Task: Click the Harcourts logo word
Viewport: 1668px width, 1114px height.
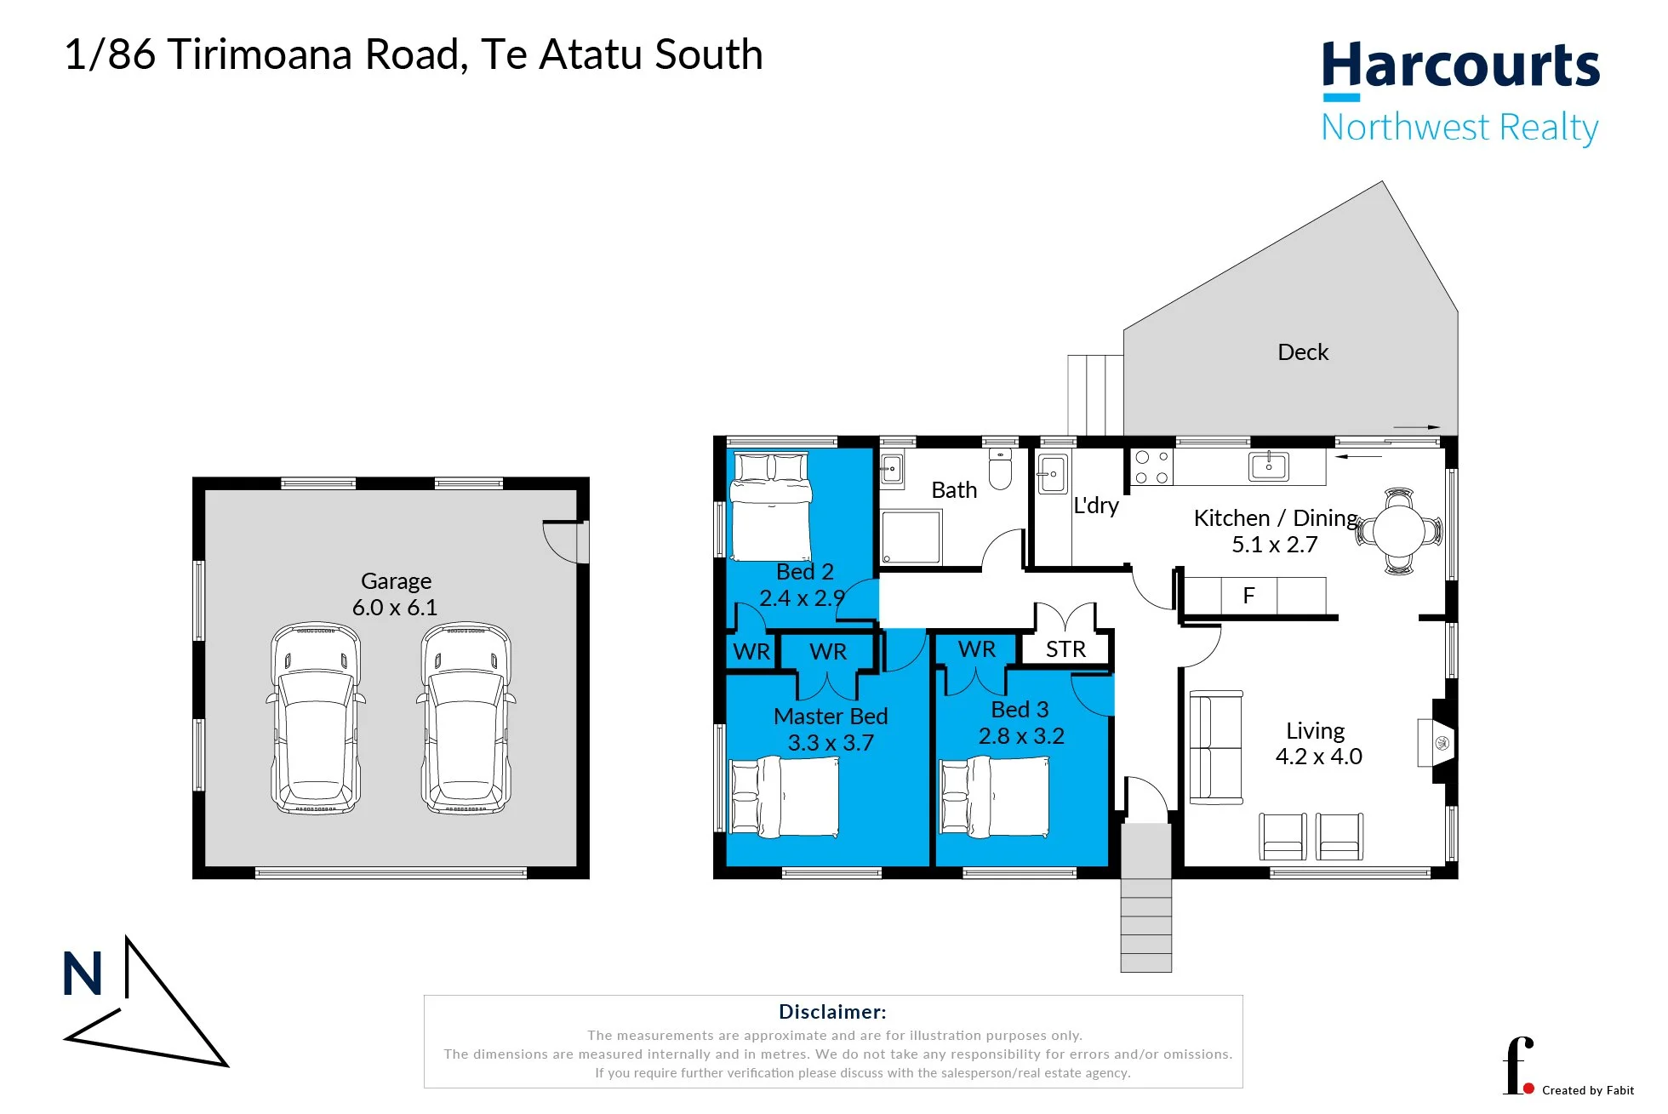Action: (x=1460, y=66)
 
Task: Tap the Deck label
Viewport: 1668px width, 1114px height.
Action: (x=1303, y=352)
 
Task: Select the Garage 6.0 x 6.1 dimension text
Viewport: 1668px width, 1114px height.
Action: (x=395, y=608)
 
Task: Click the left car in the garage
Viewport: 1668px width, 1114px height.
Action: (x=316, y=717)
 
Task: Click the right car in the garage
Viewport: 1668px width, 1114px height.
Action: (x=466, y=717)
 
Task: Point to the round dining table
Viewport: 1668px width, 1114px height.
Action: (x=1398, y=532)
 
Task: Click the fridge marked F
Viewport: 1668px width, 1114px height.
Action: (x=1248, y=596)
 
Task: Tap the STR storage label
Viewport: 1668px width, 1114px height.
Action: (x=1065, y=649)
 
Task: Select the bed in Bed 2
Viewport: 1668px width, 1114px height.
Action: (x=770, y=506)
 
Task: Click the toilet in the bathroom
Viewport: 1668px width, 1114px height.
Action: (x=1000, y=469)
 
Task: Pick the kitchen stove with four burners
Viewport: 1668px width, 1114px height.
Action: (x=1151, y=467)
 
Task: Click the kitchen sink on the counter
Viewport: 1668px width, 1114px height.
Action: (x=1269, y=466)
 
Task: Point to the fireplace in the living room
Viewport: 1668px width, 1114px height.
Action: (x=1437, y=743)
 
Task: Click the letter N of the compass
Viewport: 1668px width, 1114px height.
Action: (x=83, y=974)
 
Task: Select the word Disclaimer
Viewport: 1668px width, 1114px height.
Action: (x=832, y=1012)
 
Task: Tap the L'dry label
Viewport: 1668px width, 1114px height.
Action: (x=1096, y=506)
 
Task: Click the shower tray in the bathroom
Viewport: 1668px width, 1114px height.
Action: (x=911, y=537)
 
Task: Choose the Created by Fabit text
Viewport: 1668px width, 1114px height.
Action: (x=1588, y=1090)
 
